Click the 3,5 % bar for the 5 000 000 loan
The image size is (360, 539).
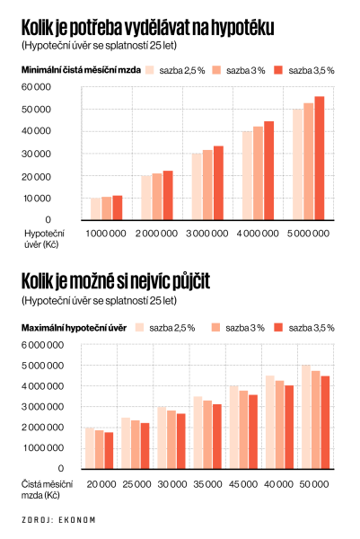pos(320,158)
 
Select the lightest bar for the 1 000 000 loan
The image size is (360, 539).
pos(95,209)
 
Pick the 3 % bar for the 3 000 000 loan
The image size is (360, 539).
pos(207,185)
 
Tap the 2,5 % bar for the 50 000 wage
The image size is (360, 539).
pos(306,417)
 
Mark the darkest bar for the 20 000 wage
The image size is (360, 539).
pos(109,451)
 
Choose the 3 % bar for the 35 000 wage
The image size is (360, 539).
pos(207,435)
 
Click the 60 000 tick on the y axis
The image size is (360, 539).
pos(36,87)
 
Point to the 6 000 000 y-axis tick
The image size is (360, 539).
pos(42,345)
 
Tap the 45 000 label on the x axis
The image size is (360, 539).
pos(243,484)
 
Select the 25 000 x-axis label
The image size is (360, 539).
pos(136,484)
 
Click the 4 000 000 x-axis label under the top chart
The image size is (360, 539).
pos(258,234)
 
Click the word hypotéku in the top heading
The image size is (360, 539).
pos(242,29)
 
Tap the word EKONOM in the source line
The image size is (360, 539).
pos(77,520)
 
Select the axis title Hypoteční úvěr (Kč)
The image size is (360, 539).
pos(44,239)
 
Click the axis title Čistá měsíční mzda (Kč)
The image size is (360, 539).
pos(47,490)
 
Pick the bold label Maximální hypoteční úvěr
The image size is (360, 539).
pos(74,328)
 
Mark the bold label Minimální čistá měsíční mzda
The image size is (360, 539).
pos(81,70)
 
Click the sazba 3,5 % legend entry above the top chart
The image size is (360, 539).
pos(304,70)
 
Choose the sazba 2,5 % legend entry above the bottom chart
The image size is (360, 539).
pos(165,328)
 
